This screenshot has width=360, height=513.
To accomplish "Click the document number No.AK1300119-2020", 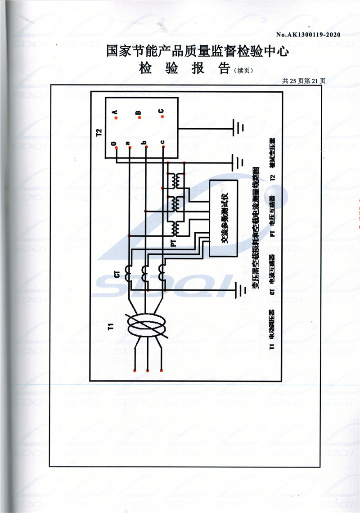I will pyautogui.click(x=308, y=35).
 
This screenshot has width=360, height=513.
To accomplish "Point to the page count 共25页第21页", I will pyautogui.click(x=303, y=81).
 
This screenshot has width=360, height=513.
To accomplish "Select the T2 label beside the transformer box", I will pyautogui.click(x=99, y=132).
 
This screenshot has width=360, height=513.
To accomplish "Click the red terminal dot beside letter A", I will pyautogui.click(x=116, y=118).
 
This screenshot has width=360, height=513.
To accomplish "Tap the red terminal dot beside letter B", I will pyautogui.click(x=140, y=117).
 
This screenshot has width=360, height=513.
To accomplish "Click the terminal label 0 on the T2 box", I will pyautogui.click(x=113, y=144).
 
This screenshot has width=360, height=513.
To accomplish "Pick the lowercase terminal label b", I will pyautogui.click(x=144, y=144).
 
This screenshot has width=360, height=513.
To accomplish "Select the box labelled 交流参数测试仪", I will pyautogui.click(x=224, y=218).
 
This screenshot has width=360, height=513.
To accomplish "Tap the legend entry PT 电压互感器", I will pyautogui.click(x=272, y=216).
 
